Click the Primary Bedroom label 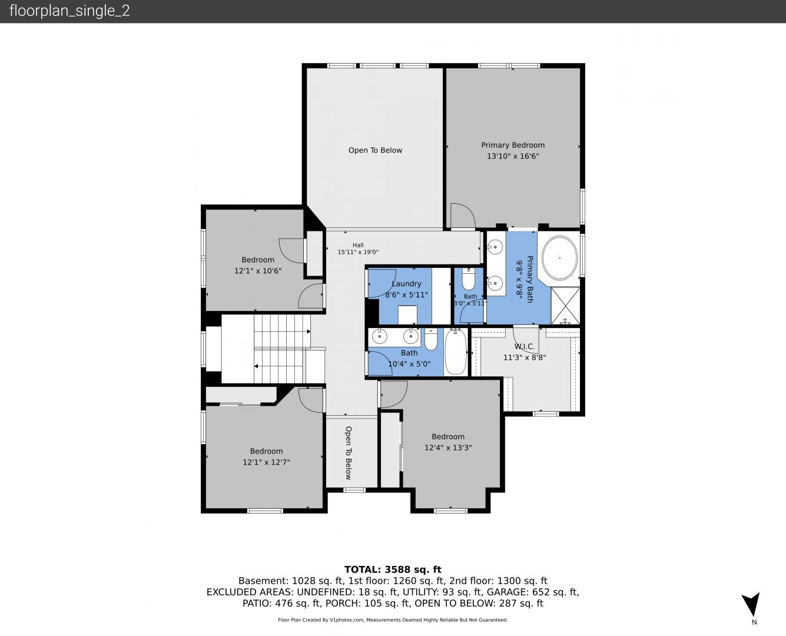[x=513, y=145]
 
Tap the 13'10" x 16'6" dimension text [x=513, y=156]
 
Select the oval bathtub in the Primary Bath [x=559, y=258]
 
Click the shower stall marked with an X [x=565, y=306]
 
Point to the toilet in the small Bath [x=469, y=280]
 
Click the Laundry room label [x=406, y=284]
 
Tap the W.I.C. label [x=525, y=346]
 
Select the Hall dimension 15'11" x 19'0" [x=358, y=253]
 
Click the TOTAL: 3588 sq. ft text [x=393, y=569]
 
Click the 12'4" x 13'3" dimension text [x=448, y=448]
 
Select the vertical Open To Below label [x=349, y=453]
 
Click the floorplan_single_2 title [x=69, y=11]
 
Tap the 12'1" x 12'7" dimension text [x=266, y=462]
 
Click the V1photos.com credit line [x=393, y=620]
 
